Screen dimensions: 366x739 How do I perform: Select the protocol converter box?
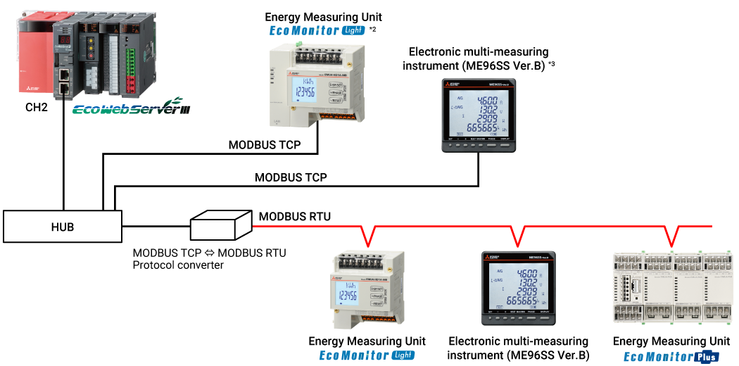pos(221,226)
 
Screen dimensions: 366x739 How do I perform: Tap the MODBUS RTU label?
pos(294,215)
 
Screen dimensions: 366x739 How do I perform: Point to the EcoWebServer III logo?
pos(131,109)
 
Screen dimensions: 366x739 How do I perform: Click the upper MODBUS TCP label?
pos(265,146)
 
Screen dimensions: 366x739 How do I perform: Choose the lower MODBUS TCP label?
pos(291,177)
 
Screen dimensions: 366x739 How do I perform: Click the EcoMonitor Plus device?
pos(671,287)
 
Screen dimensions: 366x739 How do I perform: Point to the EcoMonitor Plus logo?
pos(671,357)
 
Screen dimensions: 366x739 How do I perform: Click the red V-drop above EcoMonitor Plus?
pos(671,236)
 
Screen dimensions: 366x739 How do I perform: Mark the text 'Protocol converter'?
pos(178,265)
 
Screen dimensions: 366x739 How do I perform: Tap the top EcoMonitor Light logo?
pos(317,30)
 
